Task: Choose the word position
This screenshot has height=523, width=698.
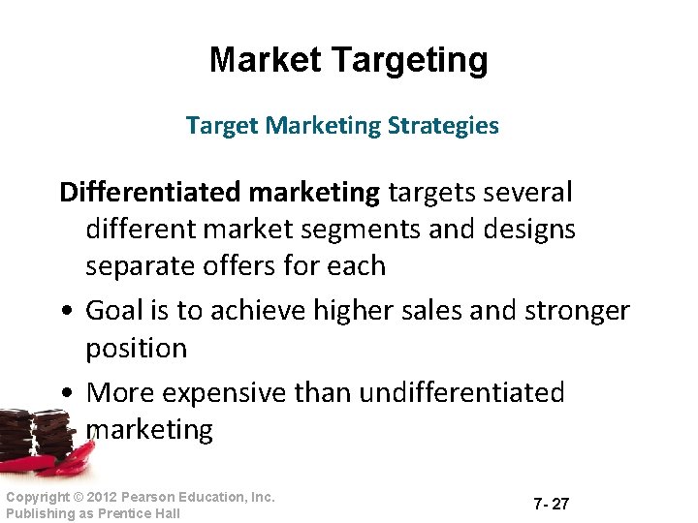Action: [x=136, y=348]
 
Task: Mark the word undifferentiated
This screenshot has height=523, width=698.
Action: [x=461, y=392]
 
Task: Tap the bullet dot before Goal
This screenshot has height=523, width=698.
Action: [x=64, y=312]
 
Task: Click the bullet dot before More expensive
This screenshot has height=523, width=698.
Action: [x=64, y=393]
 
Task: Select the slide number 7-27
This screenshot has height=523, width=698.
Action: [x=551, y=505]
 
